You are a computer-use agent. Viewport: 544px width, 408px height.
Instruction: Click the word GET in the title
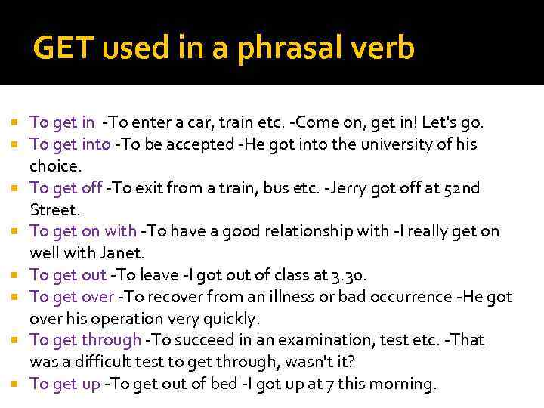(x=63, y=48)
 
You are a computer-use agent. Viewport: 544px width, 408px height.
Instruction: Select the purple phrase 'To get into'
(x=70, y=144)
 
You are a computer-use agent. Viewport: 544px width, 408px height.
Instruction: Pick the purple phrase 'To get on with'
(x=83, y=231)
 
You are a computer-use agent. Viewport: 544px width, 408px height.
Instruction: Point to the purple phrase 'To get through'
(x=85, y=341)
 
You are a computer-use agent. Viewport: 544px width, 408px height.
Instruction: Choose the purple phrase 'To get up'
(x=65, y=384)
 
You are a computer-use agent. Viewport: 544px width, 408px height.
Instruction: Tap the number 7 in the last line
(x=313, y=384)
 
